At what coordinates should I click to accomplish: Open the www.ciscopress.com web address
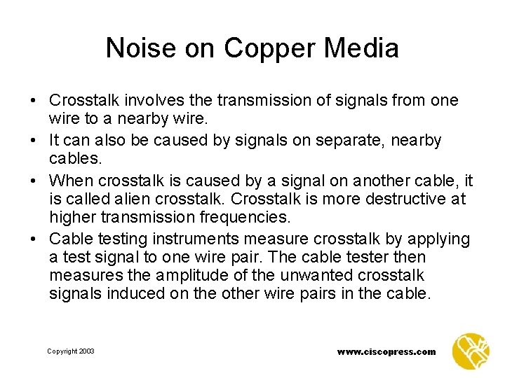tap(386, 351)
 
